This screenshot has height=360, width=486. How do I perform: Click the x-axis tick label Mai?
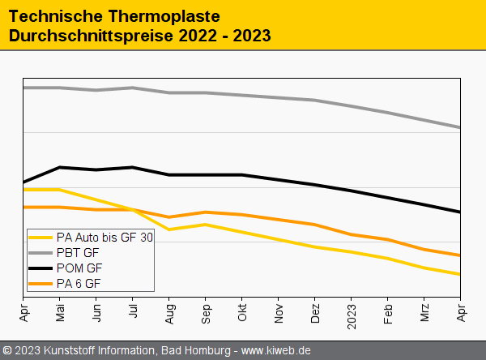click(60, 314)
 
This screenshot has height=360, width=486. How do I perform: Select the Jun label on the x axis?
click(96, 314)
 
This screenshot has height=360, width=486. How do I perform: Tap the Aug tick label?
click(169, 314)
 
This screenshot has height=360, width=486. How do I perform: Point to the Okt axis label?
click(242, 313)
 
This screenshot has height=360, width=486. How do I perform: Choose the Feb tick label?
click(388, 314)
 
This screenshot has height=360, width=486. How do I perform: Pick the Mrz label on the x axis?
click(424, 313)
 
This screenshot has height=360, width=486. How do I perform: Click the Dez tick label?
click(315, 314)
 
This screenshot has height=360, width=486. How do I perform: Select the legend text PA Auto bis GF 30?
click(104, 238)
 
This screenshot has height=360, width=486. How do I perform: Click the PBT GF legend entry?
click(78, 253)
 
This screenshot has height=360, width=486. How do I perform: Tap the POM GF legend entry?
click(79, 268)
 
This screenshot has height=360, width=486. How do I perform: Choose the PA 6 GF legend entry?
click(79, 283)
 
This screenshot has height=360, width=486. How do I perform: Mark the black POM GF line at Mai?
click(60, 168)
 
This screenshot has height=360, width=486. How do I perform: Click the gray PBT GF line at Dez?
click(315, 101)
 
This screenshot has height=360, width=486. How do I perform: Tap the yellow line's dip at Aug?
click(169, 229)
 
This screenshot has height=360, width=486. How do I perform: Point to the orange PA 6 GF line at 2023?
click(352, 235)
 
